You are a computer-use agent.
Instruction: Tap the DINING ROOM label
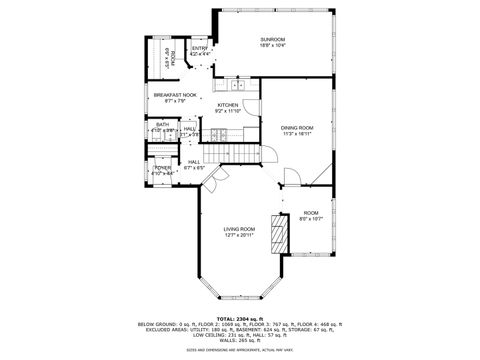[297, 127]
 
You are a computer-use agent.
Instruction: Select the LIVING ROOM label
[239, 229]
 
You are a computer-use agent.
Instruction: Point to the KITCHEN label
[228, 105]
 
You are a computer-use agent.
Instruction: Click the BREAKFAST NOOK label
[175, 95]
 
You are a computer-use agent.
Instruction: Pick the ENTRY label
[199, 48]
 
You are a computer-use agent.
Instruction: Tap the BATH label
[162, 124]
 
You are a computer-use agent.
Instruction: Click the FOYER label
[162, 167]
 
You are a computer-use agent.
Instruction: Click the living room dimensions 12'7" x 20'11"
[239, 236]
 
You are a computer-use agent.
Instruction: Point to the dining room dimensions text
[297, 133]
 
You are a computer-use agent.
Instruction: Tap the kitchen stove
[219, 134]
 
